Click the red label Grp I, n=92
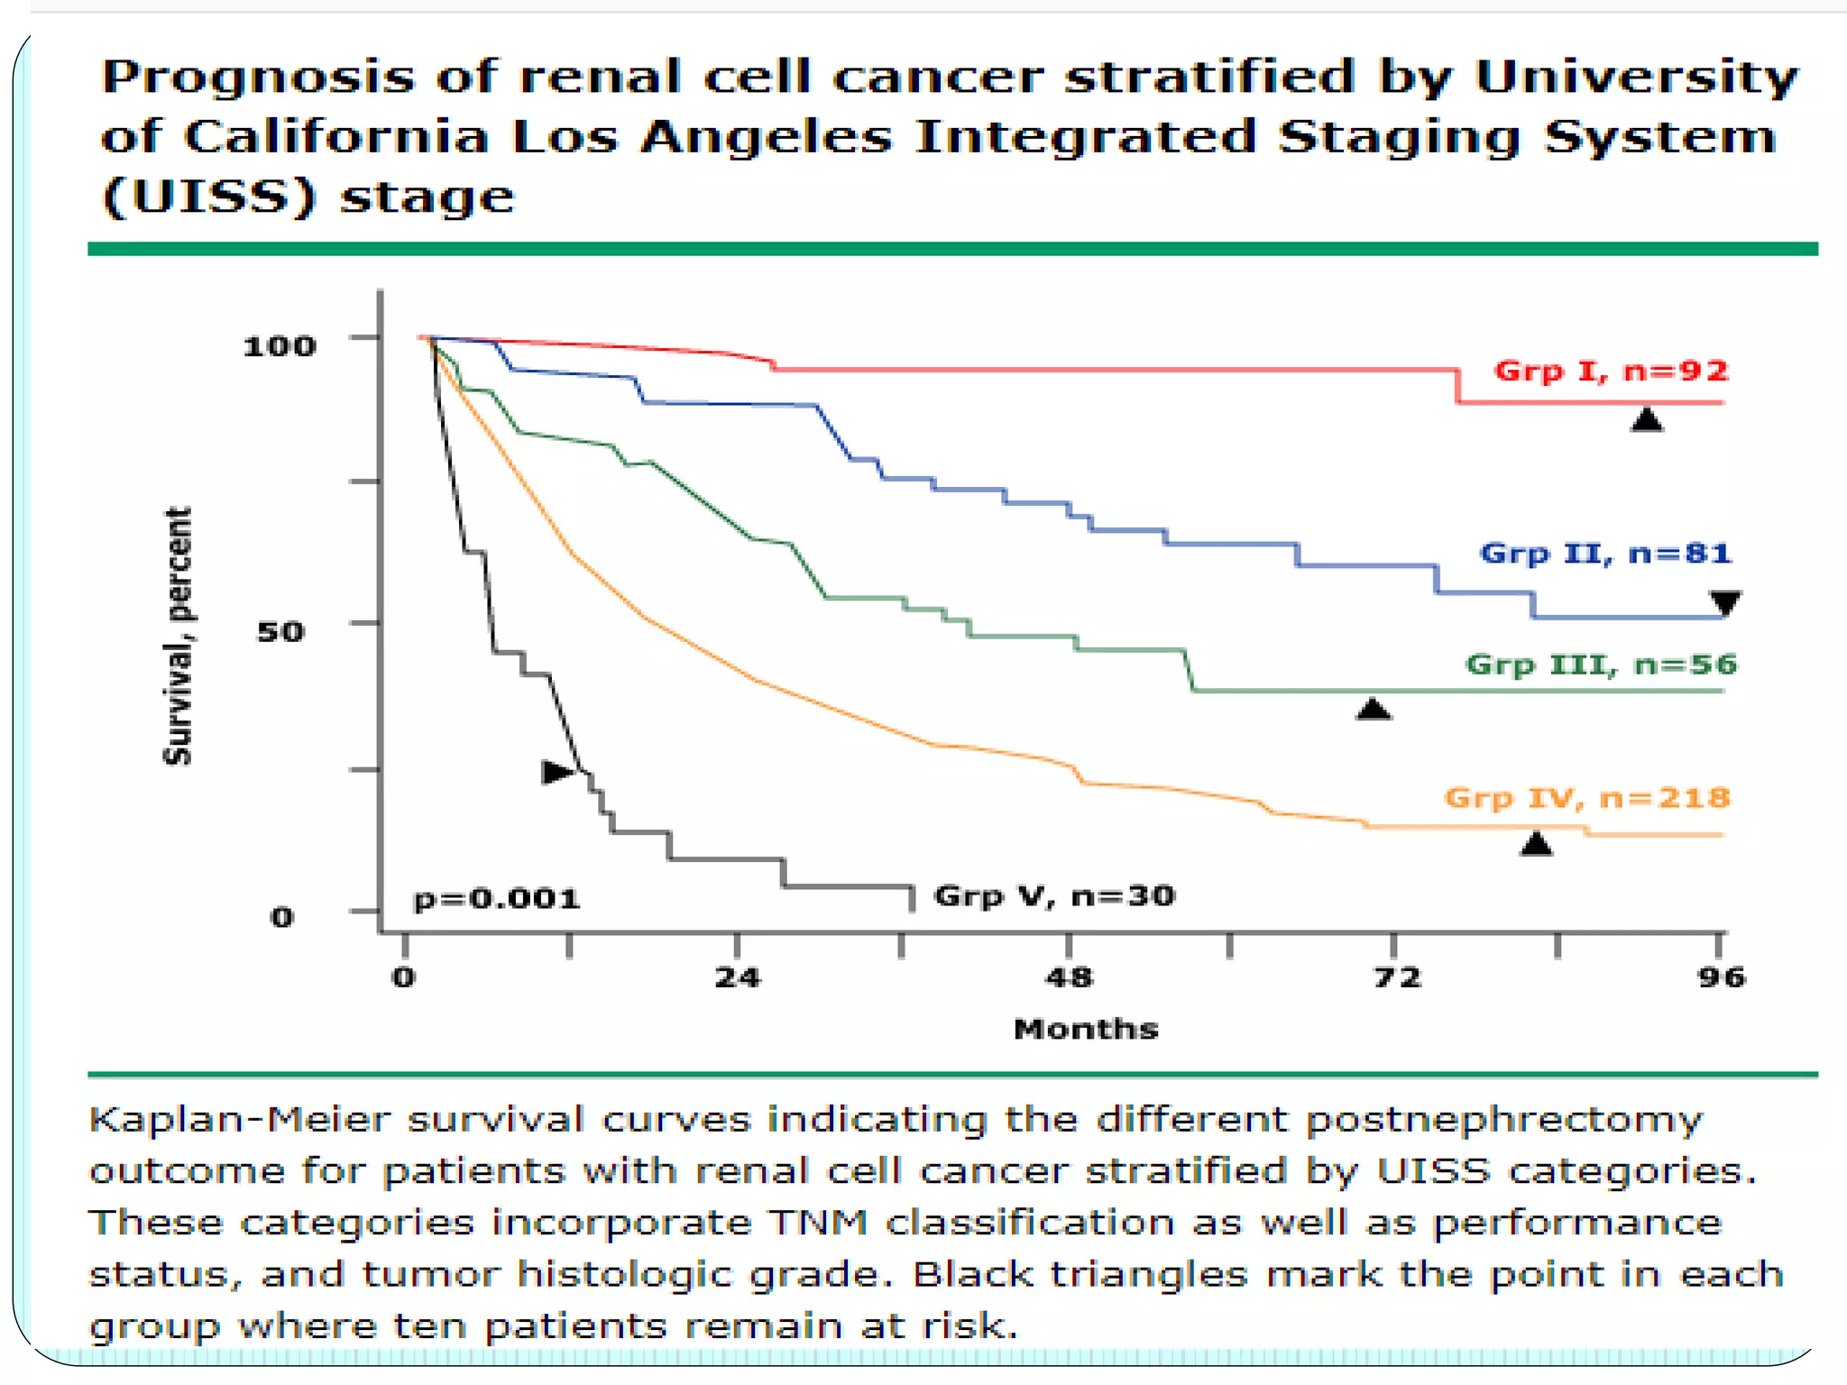1611,371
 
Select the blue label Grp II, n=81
1605,553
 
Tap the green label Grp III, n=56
1601,665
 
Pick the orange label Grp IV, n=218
1587,797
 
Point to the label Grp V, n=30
1054,895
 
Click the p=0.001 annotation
497,899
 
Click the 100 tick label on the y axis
280,345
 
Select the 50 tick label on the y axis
280,631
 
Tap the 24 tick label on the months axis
737,977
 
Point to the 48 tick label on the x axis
1069,977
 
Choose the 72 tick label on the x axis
1397,977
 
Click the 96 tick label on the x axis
1721,977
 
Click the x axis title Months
1086,1029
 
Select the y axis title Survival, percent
178,636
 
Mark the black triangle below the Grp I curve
1647,420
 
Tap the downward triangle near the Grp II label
1725,602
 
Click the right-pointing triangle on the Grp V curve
556,772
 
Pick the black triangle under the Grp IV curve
1536,845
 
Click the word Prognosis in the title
258,77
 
